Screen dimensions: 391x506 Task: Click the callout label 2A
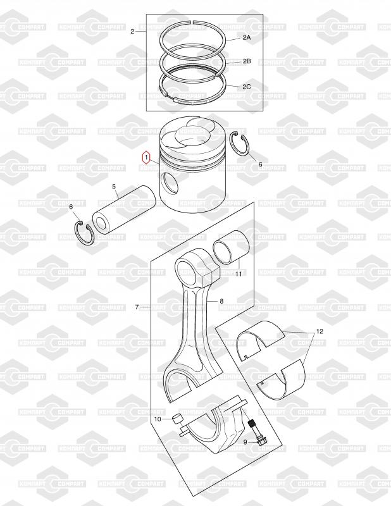click(x=247, y=37)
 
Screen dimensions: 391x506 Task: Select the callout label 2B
click(x=247, y=61)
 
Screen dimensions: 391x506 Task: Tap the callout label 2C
click(x=247, y=87)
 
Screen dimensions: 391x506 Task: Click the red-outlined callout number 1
click(x=146, y=157)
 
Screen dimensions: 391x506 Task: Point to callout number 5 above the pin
click(x=114, y=187)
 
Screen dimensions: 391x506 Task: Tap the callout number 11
click(x=239, y=274)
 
